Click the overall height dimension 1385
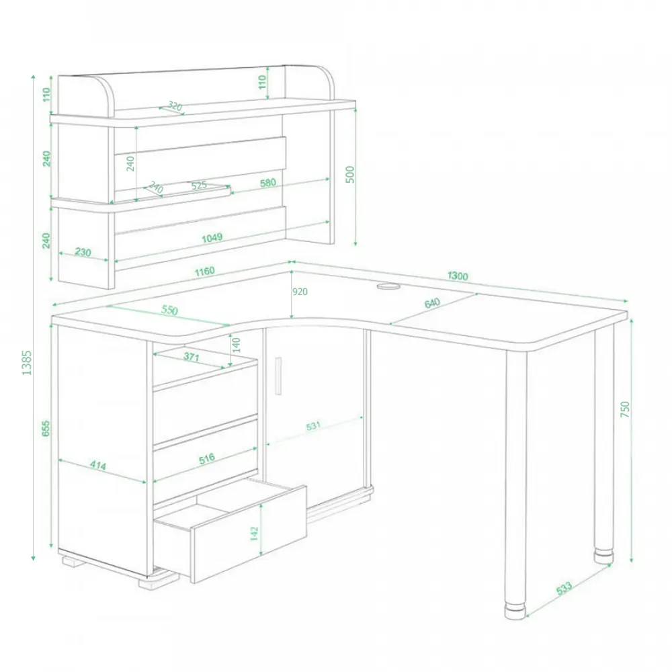pos(27,363)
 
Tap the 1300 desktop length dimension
pos(457,276)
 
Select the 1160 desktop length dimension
pos(204,271)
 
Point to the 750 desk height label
pos(625,409)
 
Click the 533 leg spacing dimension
pos(564,588)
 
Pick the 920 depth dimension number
pos(300,292)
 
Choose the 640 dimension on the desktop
pos(432,303)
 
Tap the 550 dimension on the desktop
pos(169,310)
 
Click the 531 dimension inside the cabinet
pos(313,426)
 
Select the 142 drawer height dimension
pos(254,533)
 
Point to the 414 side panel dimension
pos(98,465)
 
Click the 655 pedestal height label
pos(46,429)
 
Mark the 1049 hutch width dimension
pos(212,237)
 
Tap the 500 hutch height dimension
pos(349,175)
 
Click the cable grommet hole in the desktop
pos(388,286)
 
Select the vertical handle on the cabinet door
pos(279,376)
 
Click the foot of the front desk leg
pos(515,612)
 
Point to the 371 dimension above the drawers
pos(191,356)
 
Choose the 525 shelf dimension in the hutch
pos(199,185)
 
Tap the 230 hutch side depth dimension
pos(83,252)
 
